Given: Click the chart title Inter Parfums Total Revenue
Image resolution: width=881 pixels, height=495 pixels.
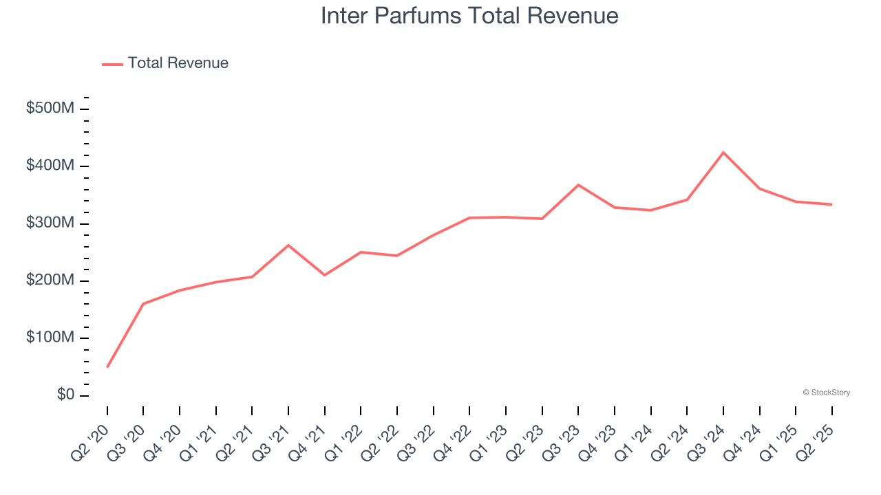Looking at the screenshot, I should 469,16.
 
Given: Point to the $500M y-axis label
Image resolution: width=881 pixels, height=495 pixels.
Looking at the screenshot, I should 50,109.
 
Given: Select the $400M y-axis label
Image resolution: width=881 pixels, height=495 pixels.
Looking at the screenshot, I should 50,166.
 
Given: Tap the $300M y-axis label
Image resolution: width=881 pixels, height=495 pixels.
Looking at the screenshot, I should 50,223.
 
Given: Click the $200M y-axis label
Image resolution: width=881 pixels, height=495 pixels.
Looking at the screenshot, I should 50,280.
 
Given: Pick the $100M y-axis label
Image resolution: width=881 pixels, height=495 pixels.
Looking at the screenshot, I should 50,338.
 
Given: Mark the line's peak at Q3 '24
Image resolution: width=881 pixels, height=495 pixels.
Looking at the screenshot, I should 723,153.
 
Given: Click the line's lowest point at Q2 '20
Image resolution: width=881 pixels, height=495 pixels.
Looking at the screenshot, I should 107,366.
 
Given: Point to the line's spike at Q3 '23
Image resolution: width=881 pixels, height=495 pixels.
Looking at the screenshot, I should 578,185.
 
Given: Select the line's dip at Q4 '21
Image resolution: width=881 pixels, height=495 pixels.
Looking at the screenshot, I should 325,275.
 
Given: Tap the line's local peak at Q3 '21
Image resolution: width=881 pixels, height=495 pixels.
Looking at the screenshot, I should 288,245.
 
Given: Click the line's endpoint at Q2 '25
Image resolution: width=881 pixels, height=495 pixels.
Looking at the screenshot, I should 831,204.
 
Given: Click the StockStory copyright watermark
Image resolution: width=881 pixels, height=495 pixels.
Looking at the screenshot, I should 826,393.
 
